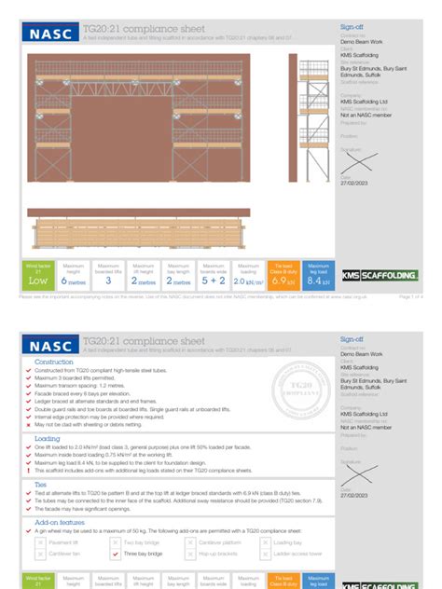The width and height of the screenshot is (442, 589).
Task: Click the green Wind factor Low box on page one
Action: [x=37, y=275]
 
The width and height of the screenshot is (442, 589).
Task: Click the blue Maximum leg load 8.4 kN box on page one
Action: [x=318, y=275]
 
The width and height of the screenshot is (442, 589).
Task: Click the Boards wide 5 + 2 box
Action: [x=213, y=275]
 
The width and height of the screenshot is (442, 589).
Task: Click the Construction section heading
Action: [x=53, y=362]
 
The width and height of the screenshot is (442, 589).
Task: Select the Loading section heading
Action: [x=48, y=438]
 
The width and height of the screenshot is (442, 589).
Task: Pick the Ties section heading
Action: [x=41, y=484]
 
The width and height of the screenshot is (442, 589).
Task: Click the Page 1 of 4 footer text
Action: [x=411, y=297]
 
